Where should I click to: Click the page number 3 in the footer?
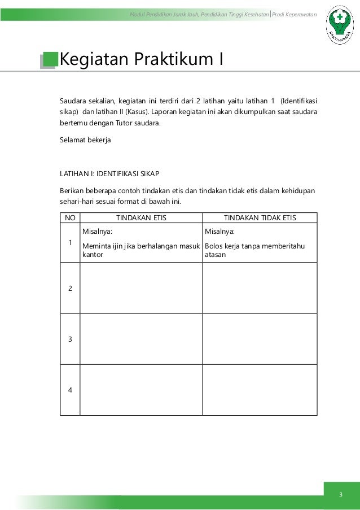pyautogui.click(x=341, y=495)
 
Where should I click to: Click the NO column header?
pyautogui.click(x=70, y=218)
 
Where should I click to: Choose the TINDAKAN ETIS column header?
pyautogui.click(x=141, y=218)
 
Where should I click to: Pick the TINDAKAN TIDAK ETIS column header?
pyautogui.click(x=260, y=218)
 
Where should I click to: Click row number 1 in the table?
pyautogui.click(x=70, y=243)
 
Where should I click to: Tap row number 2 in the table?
pyautogui.click(x=70, y=288)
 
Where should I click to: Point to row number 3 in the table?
pyautogui.click(x=70, y=339)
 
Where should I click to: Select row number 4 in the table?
pyautogui.click(x=70, y=390)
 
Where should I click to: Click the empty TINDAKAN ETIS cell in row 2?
pyautogui.click(x=141, y=288)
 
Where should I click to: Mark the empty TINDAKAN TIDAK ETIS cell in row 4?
pyautogui.click(x=260, y=390)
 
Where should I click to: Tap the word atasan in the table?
pyautogui.click(x=215, y=255)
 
